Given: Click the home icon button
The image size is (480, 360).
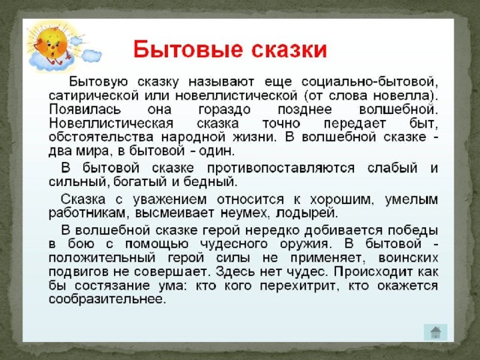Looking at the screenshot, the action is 435,332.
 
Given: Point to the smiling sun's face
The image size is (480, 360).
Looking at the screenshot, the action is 51,46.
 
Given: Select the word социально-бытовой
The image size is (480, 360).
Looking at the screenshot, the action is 370,82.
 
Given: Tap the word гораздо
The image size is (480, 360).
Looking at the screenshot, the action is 224,110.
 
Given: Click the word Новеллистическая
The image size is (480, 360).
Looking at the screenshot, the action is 111,124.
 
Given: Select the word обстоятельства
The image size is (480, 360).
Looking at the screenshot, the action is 101,136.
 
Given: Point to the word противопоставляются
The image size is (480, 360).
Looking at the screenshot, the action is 281,169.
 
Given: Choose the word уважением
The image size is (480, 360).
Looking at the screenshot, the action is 170,200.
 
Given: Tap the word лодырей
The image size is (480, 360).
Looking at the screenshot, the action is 307,213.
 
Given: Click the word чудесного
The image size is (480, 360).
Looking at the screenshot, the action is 234,244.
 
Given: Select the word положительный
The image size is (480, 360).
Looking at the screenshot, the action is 102,258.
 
